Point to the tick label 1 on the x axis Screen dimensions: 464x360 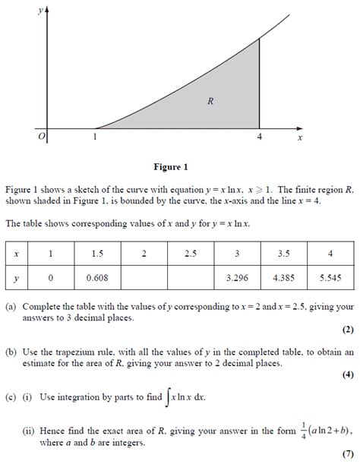pos(95,137)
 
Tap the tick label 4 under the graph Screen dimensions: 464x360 pos(259,137)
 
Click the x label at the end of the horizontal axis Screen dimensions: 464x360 pos(300,138)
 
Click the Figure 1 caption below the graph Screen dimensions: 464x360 pos(170,167)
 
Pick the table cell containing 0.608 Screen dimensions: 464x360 pos(97,278)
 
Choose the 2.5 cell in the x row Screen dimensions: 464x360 pos(190,253)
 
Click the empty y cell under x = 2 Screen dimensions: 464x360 pos(144,278)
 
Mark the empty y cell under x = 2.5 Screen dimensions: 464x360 pos(190,278)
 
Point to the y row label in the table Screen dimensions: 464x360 pos(17,278)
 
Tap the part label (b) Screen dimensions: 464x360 pos(10,352)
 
